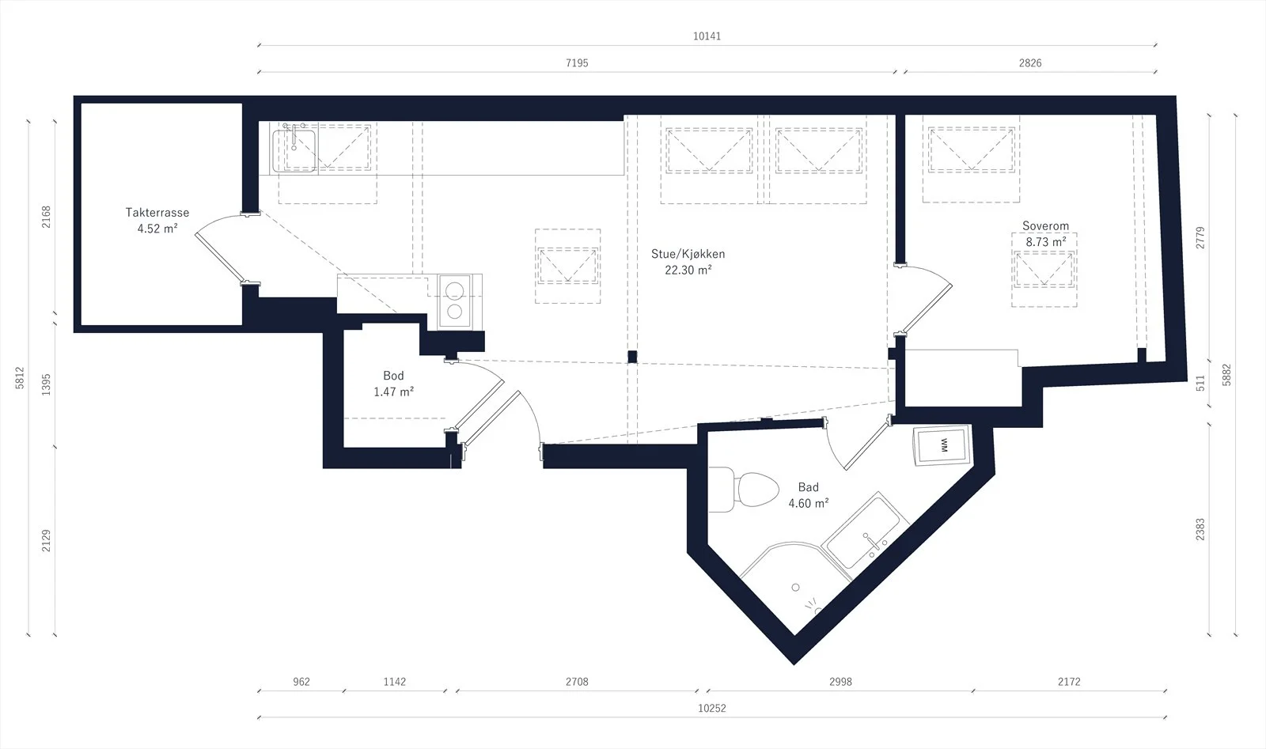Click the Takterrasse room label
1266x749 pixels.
click(x=157, y=213)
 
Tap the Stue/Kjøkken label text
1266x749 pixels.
click(x=688, y=254)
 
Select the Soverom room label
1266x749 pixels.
click(x=1045, y=226)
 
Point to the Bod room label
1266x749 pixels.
click(x=393, y=376)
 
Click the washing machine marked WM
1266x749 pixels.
click(x=942, y=445)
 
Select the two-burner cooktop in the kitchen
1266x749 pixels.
click(x=454, y=301)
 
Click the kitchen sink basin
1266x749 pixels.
click(x=294, y=150)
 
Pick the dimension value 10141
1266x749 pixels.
click(x=707, y=36)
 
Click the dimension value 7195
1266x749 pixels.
click(x=577, y=62)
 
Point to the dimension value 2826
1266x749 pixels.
click(x=1030, y=62)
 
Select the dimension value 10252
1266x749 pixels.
click(x=712, y=709)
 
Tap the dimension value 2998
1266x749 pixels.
click(x=840, y=682)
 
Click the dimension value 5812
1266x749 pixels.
click(x=20, y=378)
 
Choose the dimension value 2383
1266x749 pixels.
click(x=1200, y=529)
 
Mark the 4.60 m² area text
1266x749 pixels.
click(x=809, y=503)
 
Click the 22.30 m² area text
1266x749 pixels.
click(x=688, y=270)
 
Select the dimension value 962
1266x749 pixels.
click(x=301, y=682)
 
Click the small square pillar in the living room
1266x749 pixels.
click(x=632, y=357)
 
